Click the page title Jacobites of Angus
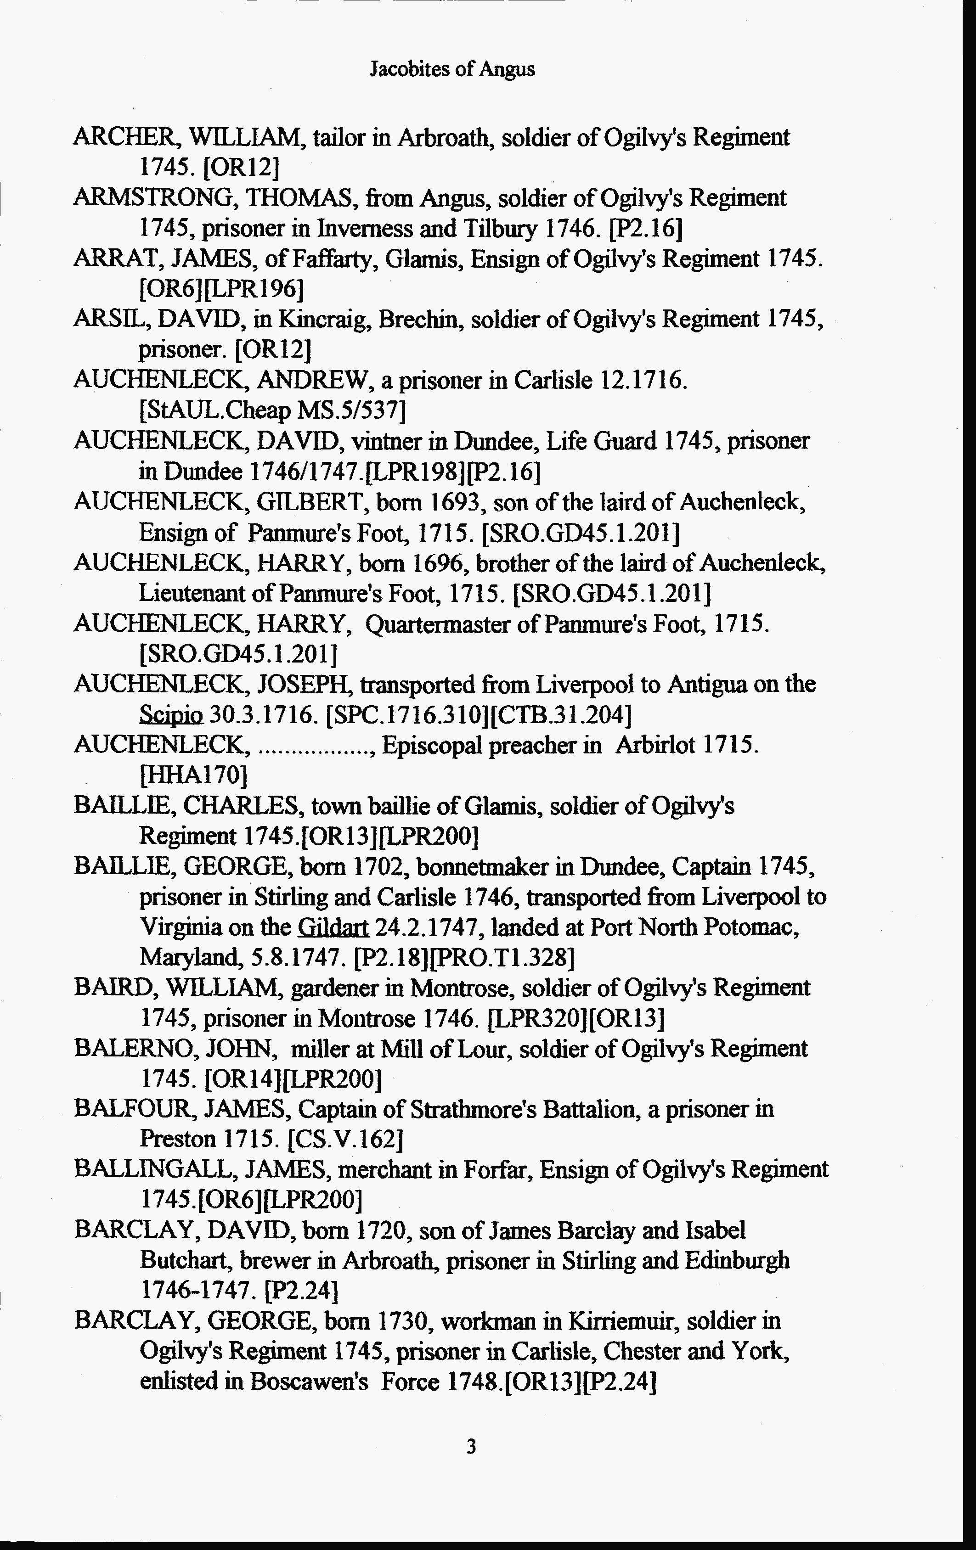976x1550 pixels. pyautogui.click(x=452, y=69)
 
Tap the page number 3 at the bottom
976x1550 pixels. pyautogui.click(x=471, y=1447)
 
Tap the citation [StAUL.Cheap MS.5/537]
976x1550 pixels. pyautogui.click(x=272, y=410)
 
